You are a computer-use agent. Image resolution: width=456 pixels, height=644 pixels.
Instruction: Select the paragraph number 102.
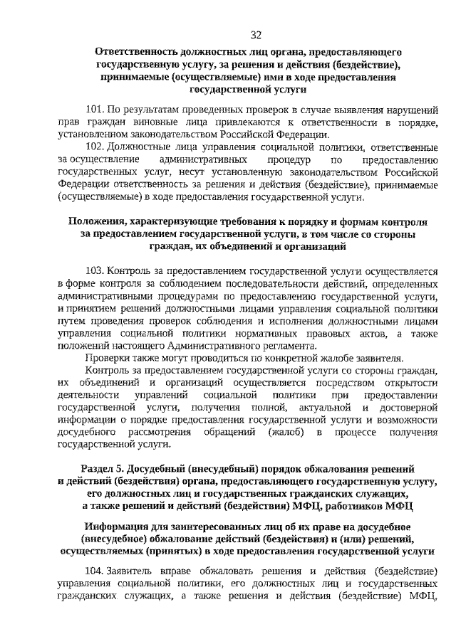click(x=95, y=147)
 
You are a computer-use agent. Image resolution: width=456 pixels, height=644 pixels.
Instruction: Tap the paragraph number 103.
click(x=95, y=271)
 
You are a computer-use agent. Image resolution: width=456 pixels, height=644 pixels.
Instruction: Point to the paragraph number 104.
click(x=95, y=573)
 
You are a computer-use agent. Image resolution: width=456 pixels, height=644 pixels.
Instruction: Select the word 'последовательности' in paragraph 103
click(x=248, y=283)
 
